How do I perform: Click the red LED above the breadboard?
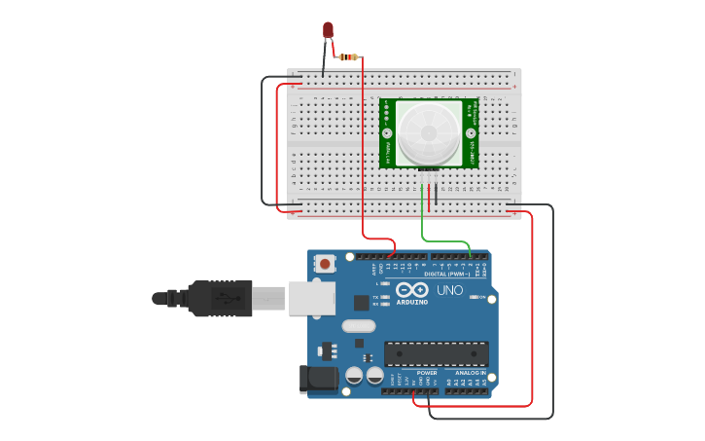pos(328,30)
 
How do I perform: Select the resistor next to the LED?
pos(347,56)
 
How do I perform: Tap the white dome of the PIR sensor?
pos(429,132)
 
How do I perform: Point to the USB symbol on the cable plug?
pos(225,298)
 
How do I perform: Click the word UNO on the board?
pos(449,290)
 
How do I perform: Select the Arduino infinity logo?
pos(412,289)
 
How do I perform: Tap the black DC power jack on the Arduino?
pos(320,379)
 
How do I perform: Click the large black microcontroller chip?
pos(436,353)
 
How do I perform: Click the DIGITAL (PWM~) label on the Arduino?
pos(446,275)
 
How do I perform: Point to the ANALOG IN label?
pos(471,373)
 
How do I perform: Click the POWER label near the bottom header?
pos(427,373)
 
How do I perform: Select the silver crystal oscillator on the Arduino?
pos(358,326)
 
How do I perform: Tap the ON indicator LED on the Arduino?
pos(473,297)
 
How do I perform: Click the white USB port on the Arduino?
pos(310,298)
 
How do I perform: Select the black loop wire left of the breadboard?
pos(263,141)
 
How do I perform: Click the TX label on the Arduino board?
pos(376,296)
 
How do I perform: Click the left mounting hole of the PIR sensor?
pos(387,132)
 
